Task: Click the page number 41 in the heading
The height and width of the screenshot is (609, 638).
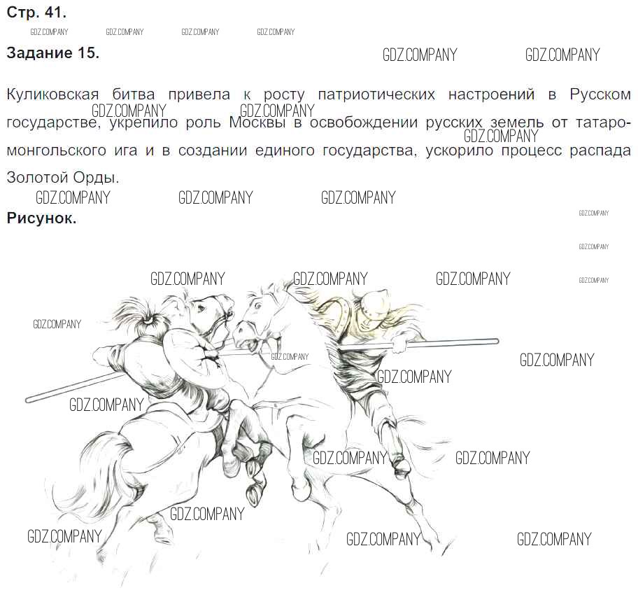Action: click(x=55, y=12)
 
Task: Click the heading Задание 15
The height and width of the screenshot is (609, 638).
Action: click(x=53, y=53)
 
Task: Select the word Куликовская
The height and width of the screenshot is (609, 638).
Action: click(x=53, y=95)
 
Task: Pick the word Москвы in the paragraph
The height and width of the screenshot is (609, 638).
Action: click(x=257, y=122)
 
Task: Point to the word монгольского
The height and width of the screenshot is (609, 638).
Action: click(x=56, y=151)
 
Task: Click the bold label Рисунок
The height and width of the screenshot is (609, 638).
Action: click(x=41, y=218)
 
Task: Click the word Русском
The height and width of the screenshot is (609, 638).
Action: click(x=600, y=94)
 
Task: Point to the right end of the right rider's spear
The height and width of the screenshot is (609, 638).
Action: click(x=497, y=341)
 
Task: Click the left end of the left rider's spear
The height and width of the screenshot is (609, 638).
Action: click(x=28, y=400)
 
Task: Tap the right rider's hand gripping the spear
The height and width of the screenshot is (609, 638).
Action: click(x=399, y=345)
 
